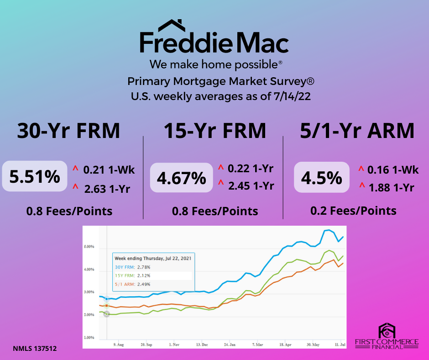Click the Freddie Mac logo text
[x=214, y=42]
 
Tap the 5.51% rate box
[x=35, y=176]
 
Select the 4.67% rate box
[x=181, y=178]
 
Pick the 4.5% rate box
[x=321, y=177]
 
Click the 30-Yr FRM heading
[x=68, y=130]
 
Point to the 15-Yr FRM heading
[x=215, y=130]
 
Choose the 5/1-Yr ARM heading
[x=357, y=130]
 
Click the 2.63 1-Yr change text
[x=107, y=189]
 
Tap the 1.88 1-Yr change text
[x=391, y=188]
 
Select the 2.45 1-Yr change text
[x=251, y=186]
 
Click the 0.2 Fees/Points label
[x=353, y=211]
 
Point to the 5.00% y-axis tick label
[x=89, y=247]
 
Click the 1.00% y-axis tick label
[x=89, y=338]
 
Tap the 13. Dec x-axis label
[x=202, y=344]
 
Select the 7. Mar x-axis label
[x=257, y=344]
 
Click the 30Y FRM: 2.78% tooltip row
[x=132, y=267]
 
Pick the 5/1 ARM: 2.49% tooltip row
[x=132, y=284]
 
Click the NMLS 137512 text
[x=35, y=349]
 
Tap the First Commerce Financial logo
[x=387, y=336]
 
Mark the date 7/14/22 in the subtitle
[x=292, y=96]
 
